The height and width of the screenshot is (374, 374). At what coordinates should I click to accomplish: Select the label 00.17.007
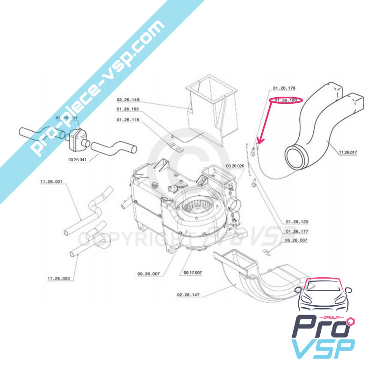click(x=193, y=273)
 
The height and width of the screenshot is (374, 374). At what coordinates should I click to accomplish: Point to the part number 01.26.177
click(x=296, y=231)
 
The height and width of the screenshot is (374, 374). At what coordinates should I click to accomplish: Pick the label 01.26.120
click(x=296, y=222)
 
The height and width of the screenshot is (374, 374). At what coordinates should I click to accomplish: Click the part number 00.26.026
click(x=235, y=166)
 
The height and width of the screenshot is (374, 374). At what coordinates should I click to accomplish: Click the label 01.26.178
click(x=285, y=88)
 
